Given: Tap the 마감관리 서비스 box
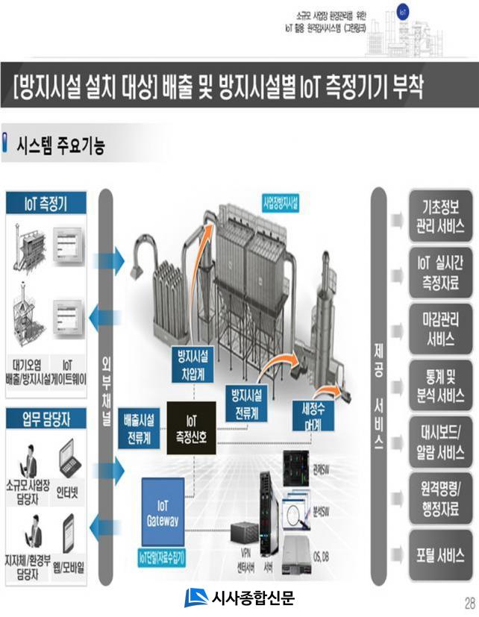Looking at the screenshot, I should point(439,329).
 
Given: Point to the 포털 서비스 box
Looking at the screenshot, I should point(439,555).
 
